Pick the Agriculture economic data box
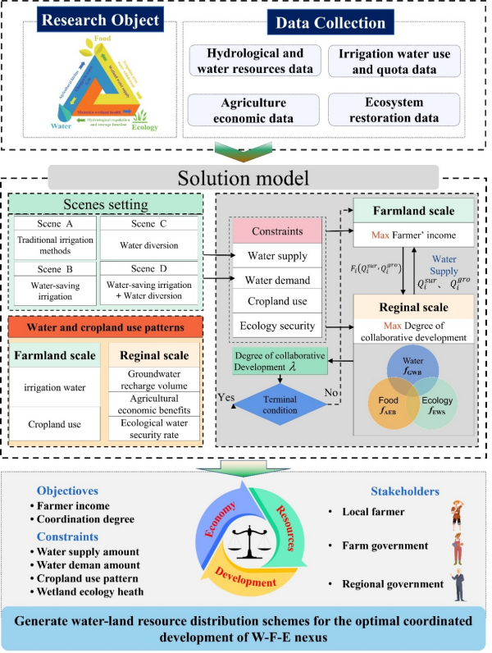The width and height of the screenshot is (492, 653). (x=253, y=109)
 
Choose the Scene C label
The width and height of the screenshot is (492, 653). (x=148, y=223)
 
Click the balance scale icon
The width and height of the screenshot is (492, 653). (x=244, y=541)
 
